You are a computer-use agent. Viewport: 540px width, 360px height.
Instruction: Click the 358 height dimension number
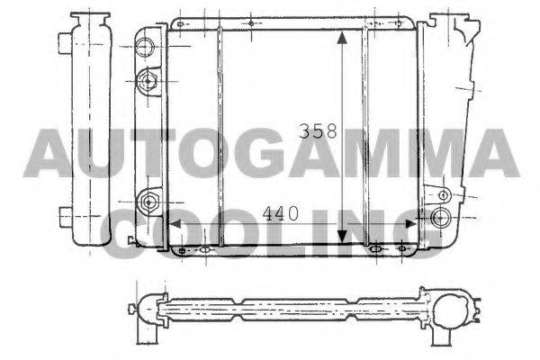[x=318, y=131]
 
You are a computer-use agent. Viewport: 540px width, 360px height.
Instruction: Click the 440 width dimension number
[x=282, y=214]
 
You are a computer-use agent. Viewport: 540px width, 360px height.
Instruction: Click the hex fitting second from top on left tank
[x=146, y=83]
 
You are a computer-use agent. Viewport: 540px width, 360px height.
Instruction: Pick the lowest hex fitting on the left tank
[x=148, y=200]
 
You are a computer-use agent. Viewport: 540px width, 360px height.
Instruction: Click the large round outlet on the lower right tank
[x=439, y=217]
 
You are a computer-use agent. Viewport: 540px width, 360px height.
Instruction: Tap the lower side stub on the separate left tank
[x=63, y=216]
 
